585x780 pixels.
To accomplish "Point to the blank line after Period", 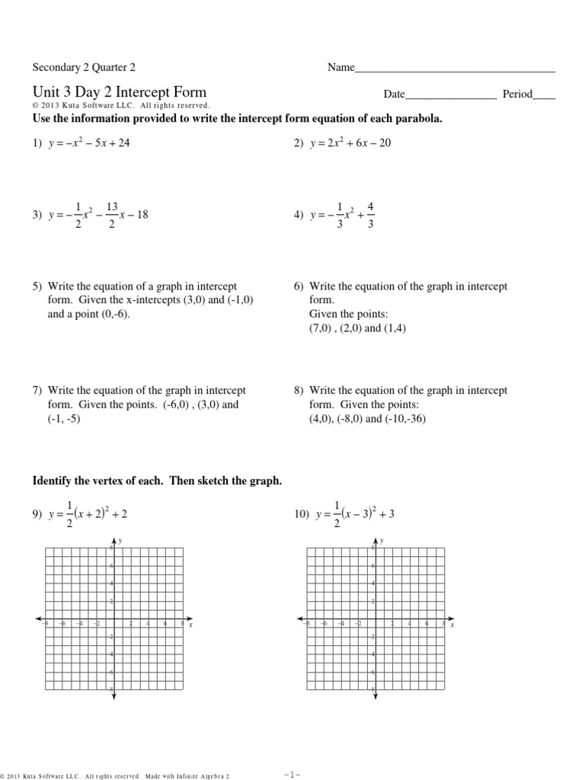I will click(x=543, y=96).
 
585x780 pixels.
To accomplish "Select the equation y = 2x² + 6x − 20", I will click(x=350, y=142).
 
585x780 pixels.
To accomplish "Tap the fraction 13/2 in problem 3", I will click(x=112, y=216).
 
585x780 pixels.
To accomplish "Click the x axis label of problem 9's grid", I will click(x=190, y=625).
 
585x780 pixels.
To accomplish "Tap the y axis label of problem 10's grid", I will click(x=382, y=540).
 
